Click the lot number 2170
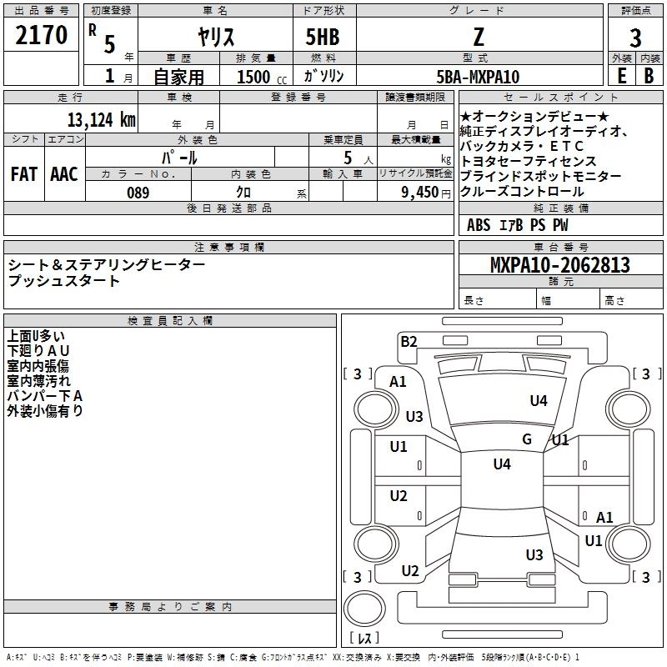coord(41,35)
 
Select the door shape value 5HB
coord(323,37)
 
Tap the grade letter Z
coord(479,37)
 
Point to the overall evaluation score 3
coord(635,38)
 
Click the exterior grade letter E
coord(621,76)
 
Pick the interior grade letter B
coord(649,76)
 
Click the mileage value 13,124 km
coord(102,120)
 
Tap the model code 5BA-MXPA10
coord(478,77)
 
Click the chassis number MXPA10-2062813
coord(559,264)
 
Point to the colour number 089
coord(138,193)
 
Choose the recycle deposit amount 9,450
coord(420,193)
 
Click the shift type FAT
coord(24,174)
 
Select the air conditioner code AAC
coord(64,174)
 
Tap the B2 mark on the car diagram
coord(409,342)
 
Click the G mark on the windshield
coord(527,439)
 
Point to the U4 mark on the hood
coord(539,400)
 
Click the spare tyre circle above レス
coord(364,609)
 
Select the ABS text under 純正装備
coord(479,224)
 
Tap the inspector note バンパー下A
coord(45,396)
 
